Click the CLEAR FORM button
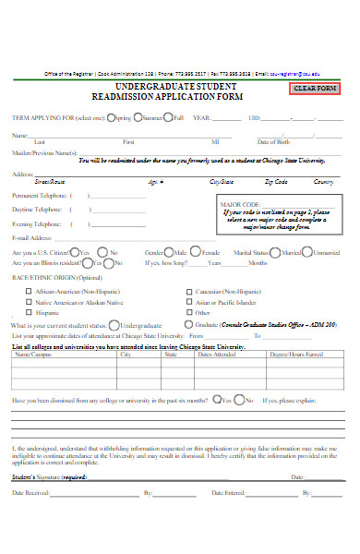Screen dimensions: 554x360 [316, 89]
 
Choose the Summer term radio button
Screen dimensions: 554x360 [138, 118]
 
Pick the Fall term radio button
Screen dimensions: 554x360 [170, 118]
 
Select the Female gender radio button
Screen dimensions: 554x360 [197, 252]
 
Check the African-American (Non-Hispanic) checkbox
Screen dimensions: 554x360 [28, 291]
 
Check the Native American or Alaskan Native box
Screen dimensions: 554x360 [28, 302]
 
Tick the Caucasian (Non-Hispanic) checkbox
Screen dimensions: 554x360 [188, 291]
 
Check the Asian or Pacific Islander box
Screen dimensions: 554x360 [188, 302]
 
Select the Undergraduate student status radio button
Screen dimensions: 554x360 [114, 325]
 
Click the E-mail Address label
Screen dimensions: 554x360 [32, 237]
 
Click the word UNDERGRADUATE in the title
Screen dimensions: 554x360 [140, 84]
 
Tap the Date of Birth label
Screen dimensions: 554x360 [275, 141]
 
